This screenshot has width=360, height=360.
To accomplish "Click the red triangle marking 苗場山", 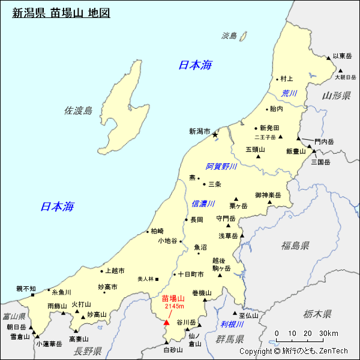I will pos(167,322).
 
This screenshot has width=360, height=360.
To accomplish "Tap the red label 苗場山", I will pos(173,298).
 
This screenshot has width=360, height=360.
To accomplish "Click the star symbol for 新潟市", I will pos(215,135).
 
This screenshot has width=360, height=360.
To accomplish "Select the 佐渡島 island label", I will pos(78,110).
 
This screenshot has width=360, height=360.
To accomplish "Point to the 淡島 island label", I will pos(229,36).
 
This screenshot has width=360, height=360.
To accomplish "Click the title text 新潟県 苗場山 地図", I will pos(61,13).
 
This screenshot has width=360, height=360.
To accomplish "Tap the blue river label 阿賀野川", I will pos(221,166).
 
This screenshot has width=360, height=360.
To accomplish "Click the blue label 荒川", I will pos(289,93).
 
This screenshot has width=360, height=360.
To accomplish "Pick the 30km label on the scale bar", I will pos(328,333).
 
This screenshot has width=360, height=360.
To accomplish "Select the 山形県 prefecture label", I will pos(335,95).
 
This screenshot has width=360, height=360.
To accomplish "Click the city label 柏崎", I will pos(157,230).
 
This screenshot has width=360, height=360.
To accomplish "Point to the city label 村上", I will pos(287,79).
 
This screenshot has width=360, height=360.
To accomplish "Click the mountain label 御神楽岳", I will pos(268,195).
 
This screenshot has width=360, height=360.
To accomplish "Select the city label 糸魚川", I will pos(61,292).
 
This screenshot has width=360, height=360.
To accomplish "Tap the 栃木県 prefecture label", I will pos(317,313).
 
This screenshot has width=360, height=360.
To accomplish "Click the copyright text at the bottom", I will pos(293,351).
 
